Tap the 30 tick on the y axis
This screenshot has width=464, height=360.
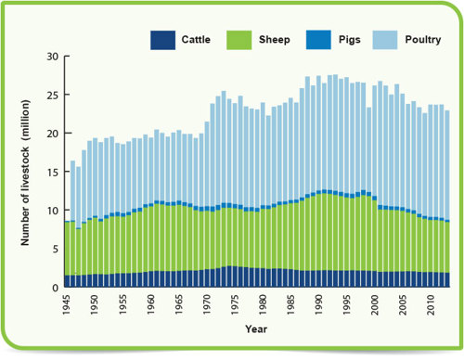[52, 57]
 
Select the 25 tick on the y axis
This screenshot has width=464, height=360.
[52, 96]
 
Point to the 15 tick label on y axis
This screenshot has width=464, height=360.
[52, 173]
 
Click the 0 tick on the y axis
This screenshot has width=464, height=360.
[55, 289]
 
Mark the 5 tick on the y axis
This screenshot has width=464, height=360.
[55, 250]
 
